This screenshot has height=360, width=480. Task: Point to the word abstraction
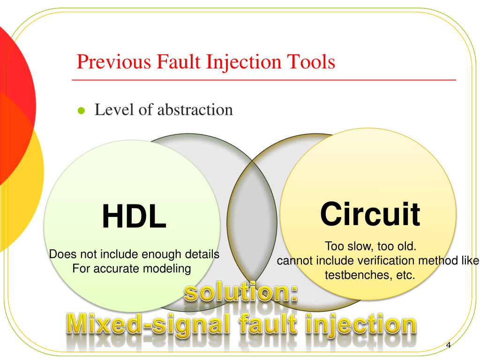[195, 110]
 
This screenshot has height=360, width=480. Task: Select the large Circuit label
[370, 214]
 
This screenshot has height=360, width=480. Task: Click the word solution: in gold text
[240, 294]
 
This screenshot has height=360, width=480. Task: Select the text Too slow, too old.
[370, 246]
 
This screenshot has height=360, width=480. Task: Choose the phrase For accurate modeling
[132, 269]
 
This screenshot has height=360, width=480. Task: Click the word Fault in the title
[179, 62]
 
